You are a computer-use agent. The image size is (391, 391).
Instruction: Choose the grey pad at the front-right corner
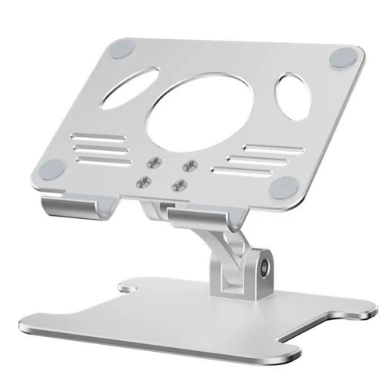click(x=284, y=186)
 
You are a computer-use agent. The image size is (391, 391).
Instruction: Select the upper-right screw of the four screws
click(x=188, y=165)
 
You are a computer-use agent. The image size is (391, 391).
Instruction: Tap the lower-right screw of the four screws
click(x=181, y=186)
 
